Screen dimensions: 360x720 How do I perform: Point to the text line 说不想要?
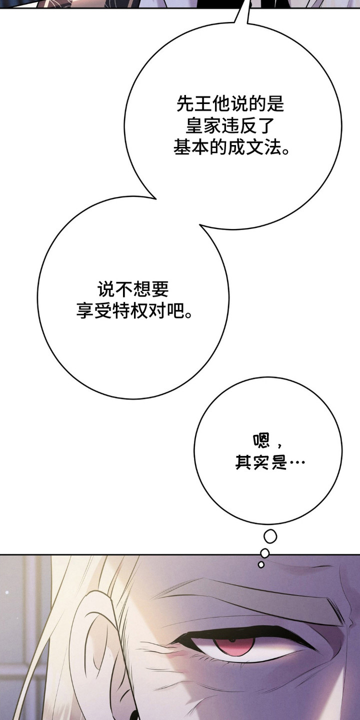(x=133, y=289)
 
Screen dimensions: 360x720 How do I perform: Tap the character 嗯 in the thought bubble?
(x=261, y=440)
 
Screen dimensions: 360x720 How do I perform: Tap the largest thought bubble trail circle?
(x=270, y=536)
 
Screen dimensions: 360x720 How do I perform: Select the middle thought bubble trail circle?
(x=265, y=553)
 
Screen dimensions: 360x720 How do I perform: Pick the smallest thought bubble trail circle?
(x=261, y=564)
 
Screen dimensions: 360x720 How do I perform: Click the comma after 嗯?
(x=279, y=445)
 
